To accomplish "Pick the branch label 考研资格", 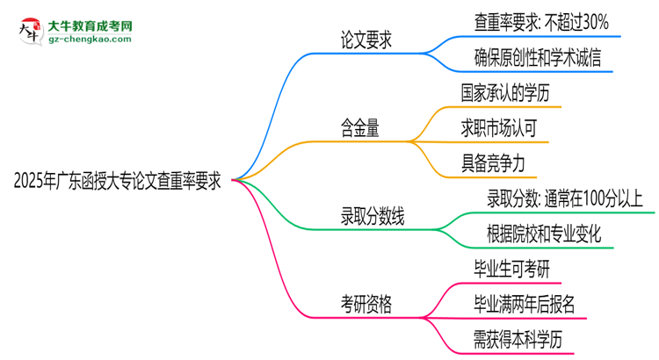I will tap(367, 304).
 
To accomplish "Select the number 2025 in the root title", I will tap(28, 182).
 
